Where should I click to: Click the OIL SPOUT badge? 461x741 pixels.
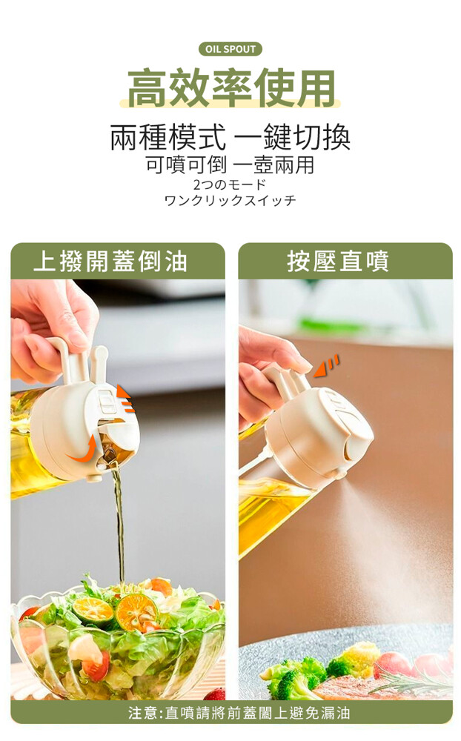point(230,49)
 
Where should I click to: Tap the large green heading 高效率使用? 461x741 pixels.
point(231,88)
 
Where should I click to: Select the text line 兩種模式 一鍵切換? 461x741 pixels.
point(230,138)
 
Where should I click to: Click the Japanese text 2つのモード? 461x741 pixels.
point(230,185)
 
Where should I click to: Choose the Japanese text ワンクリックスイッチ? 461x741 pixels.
point(230,200)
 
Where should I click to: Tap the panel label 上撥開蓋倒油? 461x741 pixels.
point(110,262)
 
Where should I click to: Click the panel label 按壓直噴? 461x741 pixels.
point(339,262)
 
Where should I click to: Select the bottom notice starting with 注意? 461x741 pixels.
point(239,712)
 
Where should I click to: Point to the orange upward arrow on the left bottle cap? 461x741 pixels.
point(125,399)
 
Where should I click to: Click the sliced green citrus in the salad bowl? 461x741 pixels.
point(97,611)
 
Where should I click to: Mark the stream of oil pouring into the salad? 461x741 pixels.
point(120,525)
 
